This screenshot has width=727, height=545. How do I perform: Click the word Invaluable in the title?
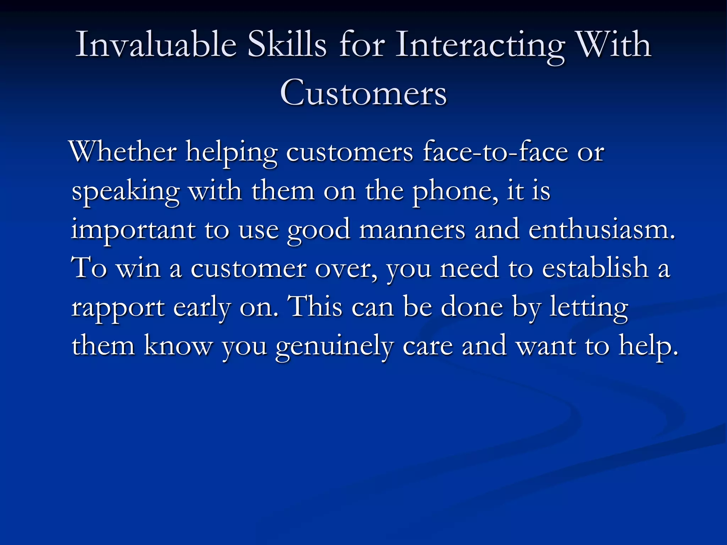(156, 44)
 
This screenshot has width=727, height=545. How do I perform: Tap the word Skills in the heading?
(286, 44)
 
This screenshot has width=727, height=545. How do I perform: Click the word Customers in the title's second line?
(363, 93)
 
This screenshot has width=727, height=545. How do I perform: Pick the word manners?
(412, 230)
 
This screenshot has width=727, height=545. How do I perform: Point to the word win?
(138, 269)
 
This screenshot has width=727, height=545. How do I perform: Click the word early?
(202, 307)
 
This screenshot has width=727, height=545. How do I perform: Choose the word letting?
(589, 307)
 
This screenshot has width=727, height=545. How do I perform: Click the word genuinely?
(334, 347)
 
